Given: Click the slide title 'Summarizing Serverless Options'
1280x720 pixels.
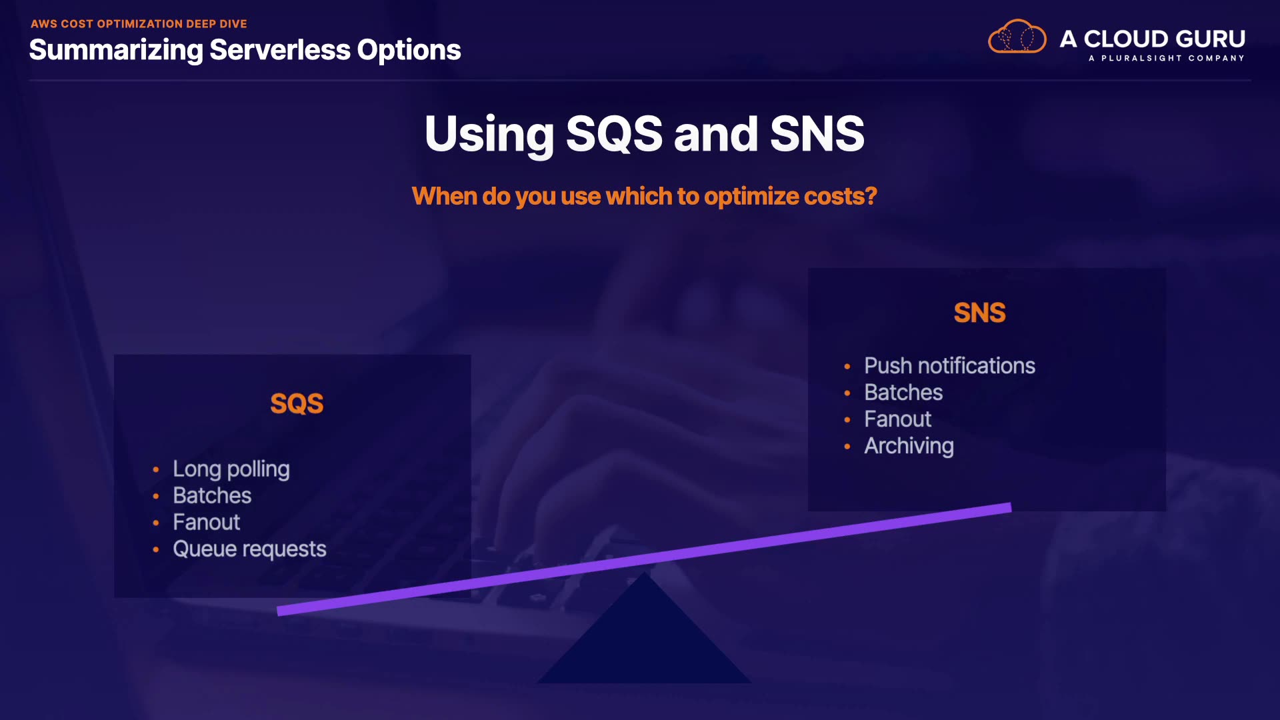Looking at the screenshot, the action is coord(245,50).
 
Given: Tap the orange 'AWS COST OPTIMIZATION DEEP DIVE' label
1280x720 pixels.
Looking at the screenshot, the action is coord(139,24).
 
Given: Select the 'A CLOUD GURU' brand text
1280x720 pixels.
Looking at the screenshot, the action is coord(1153,39).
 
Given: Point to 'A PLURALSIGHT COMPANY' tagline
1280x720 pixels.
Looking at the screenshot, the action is coord(1167,58).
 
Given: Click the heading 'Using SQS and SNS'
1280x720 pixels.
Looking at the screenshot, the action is coord(645,134).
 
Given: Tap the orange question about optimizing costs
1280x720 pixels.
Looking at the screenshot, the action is coord(644,197).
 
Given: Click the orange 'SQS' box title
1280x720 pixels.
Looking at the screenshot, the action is coord(297,403).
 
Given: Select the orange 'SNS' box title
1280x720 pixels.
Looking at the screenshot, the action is coord(979,313).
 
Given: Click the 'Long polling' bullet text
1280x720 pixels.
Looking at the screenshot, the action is coord(231,469).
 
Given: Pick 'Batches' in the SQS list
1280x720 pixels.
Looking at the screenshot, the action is coord(212,495).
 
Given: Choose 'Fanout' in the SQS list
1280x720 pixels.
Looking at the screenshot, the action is coord(207,522).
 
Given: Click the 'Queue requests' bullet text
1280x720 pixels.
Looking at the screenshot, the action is coord(249,549).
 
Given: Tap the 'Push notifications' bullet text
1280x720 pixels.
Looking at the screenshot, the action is coord(949,366).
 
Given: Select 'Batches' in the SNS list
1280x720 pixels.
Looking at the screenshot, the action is coord(903,393).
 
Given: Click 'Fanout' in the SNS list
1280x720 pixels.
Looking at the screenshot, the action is coord(897,419).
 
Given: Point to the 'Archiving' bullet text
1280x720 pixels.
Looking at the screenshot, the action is coord(909,446).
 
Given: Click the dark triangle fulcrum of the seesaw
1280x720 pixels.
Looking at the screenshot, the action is coord(644,640).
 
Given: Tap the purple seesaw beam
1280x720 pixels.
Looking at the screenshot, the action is coord(644,559).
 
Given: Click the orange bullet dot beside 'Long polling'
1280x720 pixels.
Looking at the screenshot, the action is coord(156,470).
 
